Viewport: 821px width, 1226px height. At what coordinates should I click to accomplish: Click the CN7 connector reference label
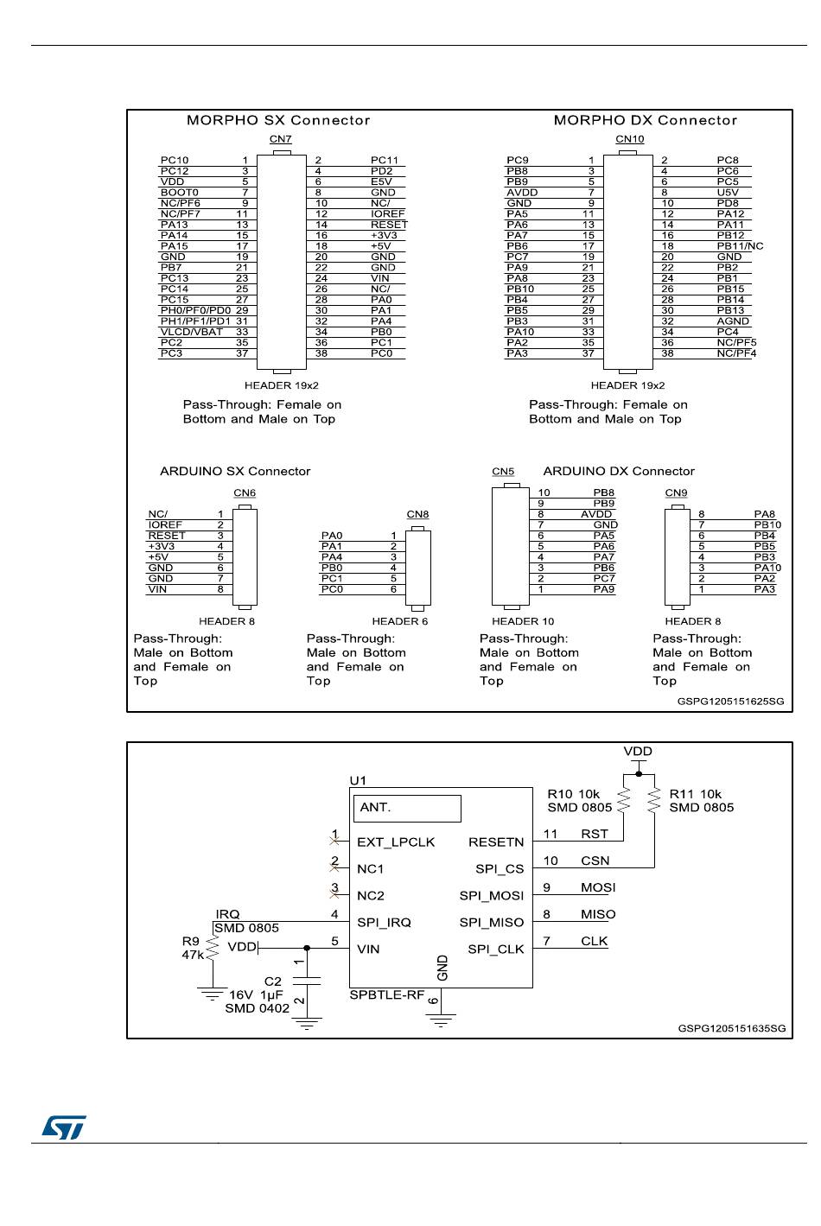pyautogui.click(x=281, y=139)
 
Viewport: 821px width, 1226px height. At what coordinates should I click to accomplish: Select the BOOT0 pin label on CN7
pyautogui.click(x=179, y=193)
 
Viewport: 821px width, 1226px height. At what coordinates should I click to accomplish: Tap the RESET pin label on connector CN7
pyautogui.click(x=389, y=225)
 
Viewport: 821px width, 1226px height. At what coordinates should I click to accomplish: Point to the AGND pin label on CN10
pyautogui.click(x=733, y=321)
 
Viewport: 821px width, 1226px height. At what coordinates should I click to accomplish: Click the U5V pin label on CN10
pyautogui.click(x=728, y=193)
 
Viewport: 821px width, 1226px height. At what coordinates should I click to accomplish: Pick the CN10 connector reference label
pyautogui.click(x=629, y=139)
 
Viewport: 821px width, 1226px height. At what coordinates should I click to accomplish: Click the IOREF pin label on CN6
pyautogui.click(x=165, y=524)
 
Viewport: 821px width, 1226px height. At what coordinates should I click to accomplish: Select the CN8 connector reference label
pyautogui.click(x=417, y=515)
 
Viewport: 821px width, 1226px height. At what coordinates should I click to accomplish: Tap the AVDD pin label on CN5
pyautogui.click(x=596, y=514)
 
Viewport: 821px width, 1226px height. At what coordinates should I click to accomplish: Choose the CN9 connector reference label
pyautogui.click(x=676, y=493)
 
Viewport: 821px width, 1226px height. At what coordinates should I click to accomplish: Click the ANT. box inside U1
pyautogui.click(x=409, y=808)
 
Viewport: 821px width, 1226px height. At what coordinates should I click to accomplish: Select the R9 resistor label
pyautogui.click(x=190, y=941)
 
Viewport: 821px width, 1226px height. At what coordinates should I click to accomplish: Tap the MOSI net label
pyautogui.click(x=598, y=887)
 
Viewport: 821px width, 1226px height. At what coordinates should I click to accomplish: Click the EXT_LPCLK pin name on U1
pyautogui.click(x=396, y=842)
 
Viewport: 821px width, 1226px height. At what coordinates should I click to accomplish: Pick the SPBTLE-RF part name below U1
pyautogui.click(x=386, y=995)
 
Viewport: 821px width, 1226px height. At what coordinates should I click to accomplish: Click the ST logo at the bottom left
pyautogui.click(x=64, y=1127)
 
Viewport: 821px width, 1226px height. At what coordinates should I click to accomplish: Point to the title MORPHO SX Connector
pyautogui.click(x=278, y=120)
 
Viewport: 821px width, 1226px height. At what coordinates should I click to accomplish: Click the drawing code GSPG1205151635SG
pyautogui.click(x=731, y=1028)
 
